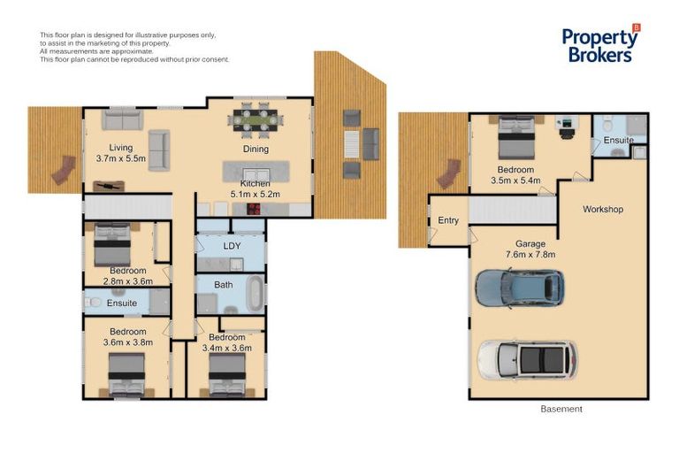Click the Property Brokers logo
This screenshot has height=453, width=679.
(x=601, y=43)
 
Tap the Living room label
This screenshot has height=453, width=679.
(x=121, y=148)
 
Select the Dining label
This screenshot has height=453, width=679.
(x=256, y=150)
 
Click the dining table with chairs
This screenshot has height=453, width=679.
(x=256, y=117)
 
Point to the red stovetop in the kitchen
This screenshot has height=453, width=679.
(x=254, y=210)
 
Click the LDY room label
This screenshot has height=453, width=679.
(x=232, y=246)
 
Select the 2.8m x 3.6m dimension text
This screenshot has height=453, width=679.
(x=127, y=281)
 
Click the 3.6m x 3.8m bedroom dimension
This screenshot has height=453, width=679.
(x=127, y=342)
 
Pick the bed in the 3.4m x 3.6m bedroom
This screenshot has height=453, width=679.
(x=227, y=374)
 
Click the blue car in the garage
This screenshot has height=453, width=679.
(x=520, y=288)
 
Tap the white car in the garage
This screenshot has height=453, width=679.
(x=527, y=360)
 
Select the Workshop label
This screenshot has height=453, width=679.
(x=603, y=210)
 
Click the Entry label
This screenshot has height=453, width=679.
(x=448, y=220)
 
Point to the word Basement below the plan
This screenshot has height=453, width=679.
(x=561, y=409)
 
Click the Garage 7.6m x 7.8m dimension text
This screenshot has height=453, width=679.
(x=530, y=250)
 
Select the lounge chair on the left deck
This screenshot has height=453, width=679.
(x=64, y=170)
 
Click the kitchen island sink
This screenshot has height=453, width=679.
(x=256, y=174)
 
